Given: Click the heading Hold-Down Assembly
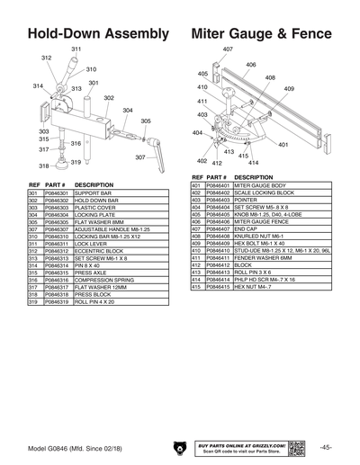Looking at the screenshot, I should click(x=98, y=33).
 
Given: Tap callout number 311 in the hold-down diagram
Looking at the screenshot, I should click(x=76, y=49).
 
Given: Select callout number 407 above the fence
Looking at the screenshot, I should click(x=228, y=49).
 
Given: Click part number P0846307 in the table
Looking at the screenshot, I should click(x=56, y=229).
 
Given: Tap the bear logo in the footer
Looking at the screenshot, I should click(x=180, y=447).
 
